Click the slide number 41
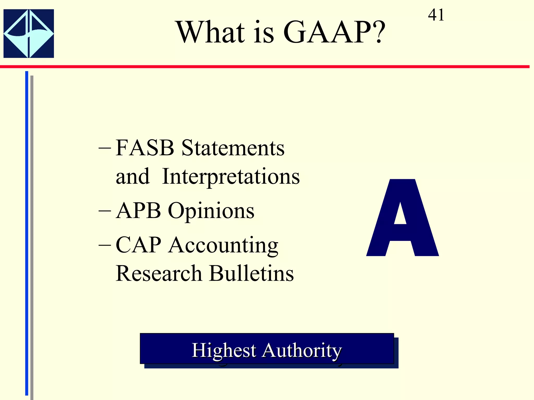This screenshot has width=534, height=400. pyautogui.click(x=436, y=15)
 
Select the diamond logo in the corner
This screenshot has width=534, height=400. pyautogui.click(x=29, y=34)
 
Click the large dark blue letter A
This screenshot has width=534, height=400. pyautogui.click(x=402, y=219)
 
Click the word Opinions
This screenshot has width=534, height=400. pyautogui.click(x=211, y=211)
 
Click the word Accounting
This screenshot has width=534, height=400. pyautogui.click(x=223, y=245)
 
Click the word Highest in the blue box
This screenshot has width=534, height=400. pyautogui.click(x=224, y=350)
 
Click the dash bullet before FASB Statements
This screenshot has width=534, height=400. pyautogui.click(x=105, y=149)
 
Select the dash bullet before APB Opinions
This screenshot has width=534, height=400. pyautogui.click(x=105, y=211)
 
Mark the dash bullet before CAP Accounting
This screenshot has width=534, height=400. pyautogui.click(x=105, y=246)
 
